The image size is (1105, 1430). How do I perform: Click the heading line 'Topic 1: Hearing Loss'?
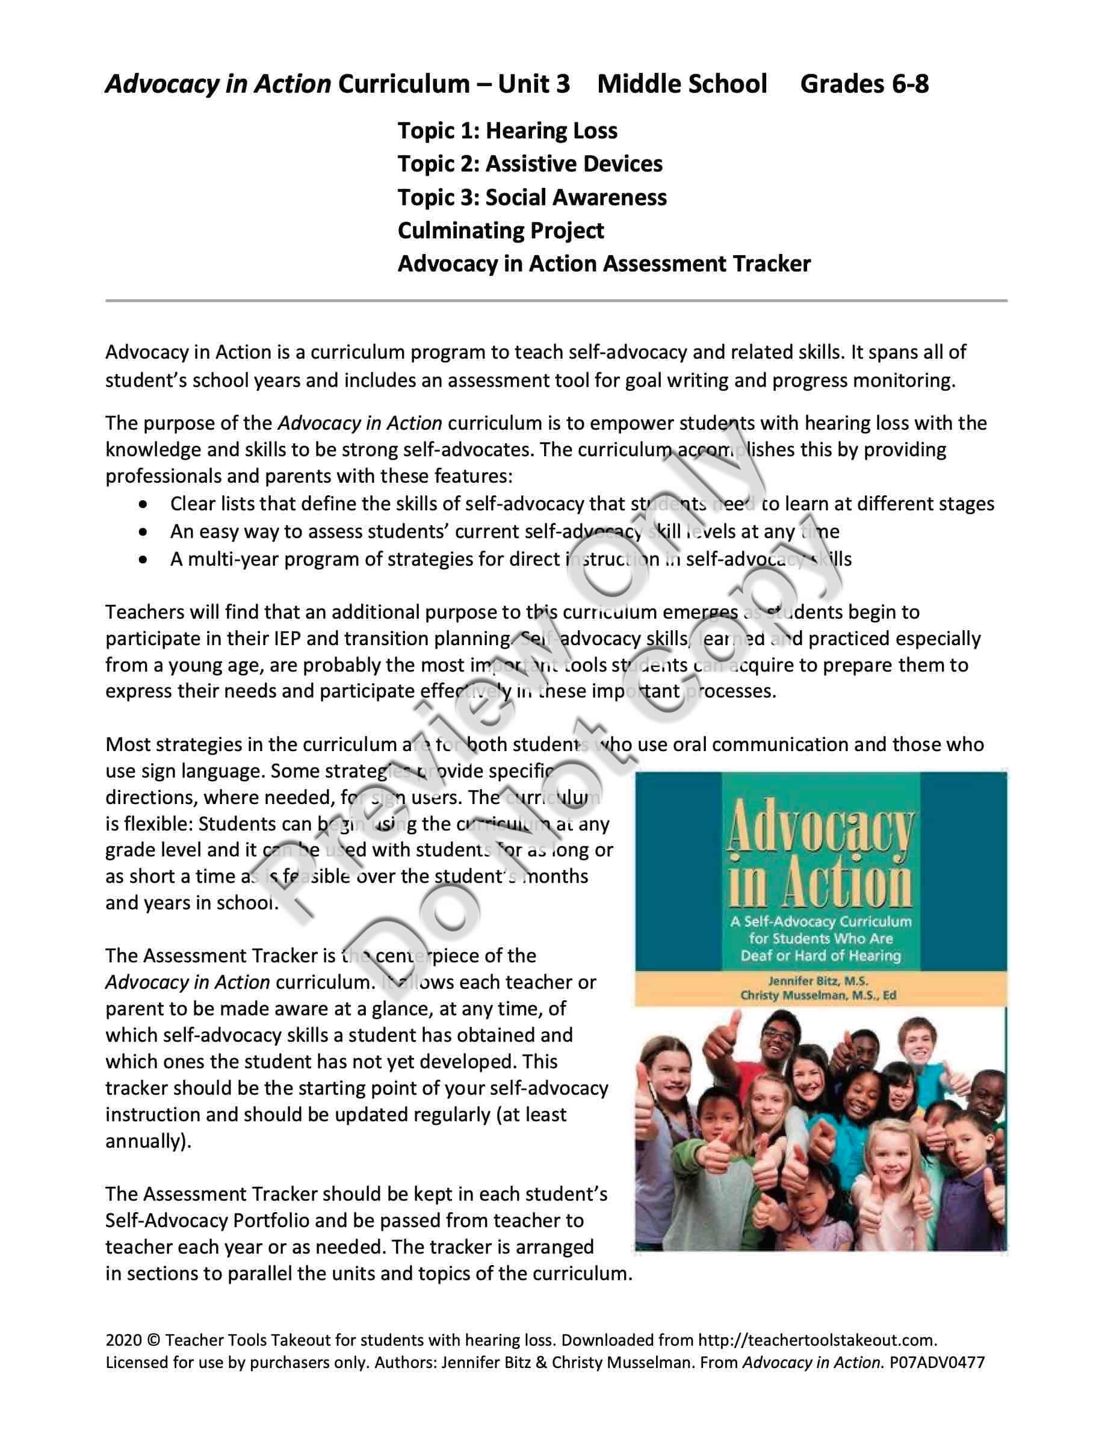pyautogui.click(x=507, y=131)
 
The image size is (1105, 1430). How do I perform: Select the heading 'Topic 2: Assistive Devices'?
pyautogui.click(x=530, y=164)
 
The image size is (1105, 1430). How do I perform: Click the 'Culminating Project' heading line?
pyautogui.click(x=501, y=231)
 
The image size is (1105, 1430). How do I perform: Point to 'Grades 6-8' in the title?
pyautogui.click(x=864, y=84)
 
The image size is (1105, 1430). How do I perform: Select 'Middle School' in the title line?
pyautogui.click(x=682, y=84)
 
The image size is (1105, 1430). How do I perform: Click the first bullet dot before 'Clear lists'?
pyautogui.click(x=143, y=504)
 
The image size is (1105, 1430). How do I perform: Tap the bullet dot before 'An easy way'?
pyautogui.click(x=143, y=531)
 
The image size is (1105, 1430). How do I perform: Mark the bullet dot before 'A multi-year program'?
pyautogui.click(x=143, y=560)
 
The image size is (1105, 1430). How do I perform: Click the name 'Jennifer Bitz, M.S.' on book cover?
pyautogui.click(x=819, y=981)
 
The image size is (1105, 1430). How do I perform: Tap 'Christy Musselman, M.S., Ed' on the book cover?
pyautogui.click(x=819, y=995)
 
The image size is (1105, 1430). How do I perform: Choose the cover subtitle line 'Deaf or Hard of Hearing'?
pyautogui.click(x=820, y=955)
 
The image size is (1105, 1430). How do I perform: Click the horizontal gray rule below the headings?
pyautogui.click(x=557, y=300)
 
